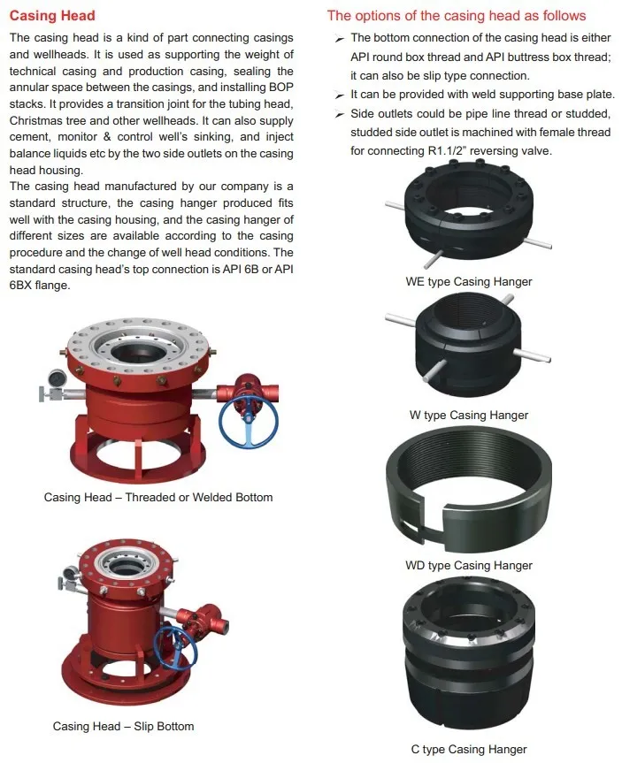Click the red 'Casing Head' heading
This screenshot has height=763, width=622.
coord(52,16)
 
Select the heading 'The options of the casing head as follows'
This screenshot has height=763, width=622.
coord(457,16)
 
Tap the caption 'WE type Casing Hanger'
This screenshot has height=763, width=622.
coord(469,282)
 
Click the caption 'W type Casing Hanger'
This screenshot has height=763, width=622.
coord(469,415)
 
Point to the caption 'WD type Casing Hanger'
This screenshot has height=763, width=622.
coord(469,566)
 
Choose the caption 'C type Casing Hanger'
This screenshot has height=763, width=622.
coord(469,750)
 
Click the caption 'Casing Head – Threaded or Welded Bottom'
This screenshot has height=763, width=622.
coord(158,497)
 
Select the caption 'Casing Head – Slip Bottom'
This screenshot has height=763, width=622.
coord(123,727)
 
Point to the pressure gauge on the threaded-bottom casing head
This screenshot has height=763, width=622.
coord(57,378)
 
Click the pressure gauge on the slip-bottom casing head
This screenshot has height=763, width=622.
coord(71,573)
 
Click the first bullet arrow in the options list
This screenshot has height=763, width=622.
coord(340,39)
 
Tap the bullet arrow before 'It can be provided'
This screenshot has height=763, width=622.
coord(340,95)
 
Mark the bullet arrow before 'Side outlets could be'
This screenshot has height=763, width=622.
coord(340,114)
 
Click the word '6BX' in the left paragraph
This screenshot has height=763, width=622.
coord(20,286)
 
